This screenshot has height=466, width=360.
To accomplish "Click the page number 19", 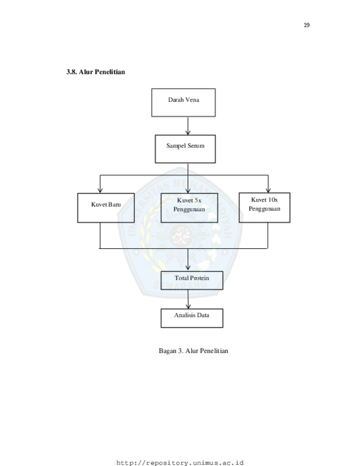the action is (x=306, y=25).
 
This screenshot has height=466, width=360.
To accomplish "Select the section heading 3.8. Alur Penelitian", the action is (x=96, y=72).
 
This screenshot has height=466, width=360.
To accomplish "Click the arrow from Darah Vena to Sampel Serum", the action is (x=188, y=126).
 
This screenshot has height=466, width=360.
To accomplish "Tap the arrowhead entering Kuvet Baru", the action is (x=100, y=190).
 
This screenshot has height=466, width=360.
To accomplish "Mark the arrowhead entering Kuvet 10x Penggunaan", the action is (x=268, y=190).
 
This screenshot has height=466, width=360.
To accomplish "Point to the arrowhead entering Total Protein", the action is (x=188, y=268).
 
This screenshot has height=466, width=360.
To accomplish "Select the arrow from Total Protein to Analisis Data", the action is (x=188, y=299).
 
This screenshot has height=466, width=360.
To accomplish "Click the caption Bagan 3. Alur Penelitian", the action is (x=193, y=351).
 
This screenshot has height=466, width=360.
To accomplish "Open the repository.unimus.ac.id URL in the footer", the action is (x=180, y=463).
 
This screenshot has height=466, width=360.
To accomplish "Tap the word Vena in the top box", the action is (x=193, y=100).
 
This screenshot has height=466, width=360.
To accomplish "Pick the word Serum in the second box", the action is (x=196, y=146).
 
